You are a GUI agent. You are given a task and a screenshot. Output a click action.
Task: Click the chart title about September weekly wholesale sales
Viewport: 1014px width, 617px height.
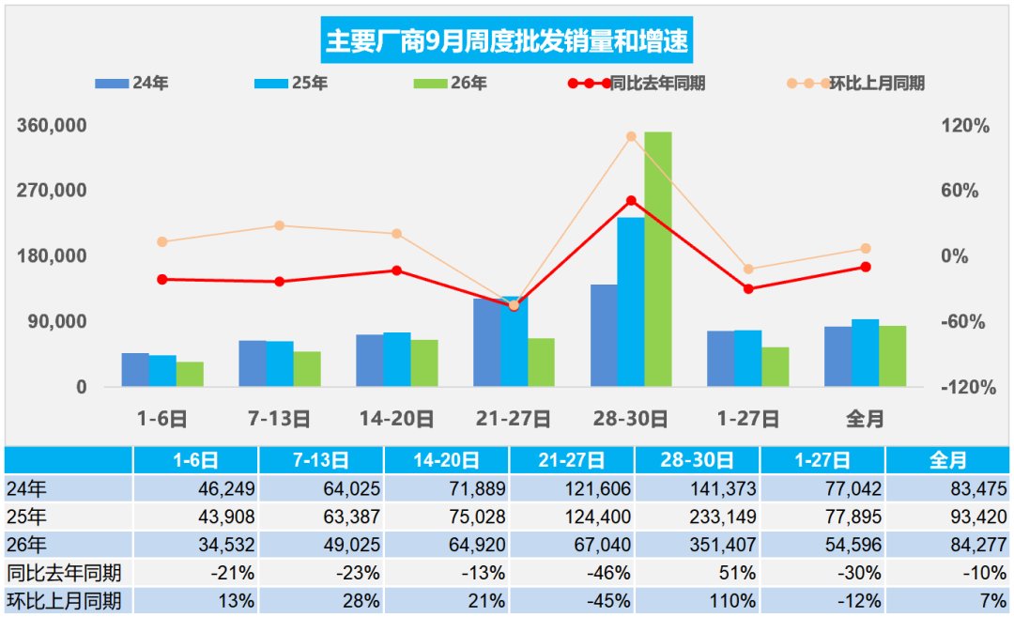click(x=506, y=40)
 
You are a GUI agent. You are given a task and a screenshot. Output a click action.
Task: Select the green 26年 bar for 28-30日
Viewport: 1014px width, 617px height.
click(x=657, y=259)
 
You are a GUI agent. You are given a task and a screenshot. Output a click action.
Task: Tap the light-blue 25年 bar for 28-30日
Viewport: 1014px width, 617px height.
click(x=631, y=302)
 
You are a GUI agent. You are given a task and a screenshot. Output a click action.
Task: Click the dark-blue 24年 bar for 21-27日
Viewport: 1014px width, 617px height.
click(x=486, y=343)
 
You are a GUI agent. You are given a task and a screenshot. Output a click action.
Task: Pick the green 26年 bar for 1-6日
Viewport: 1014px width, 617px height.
click(x=190, y=375)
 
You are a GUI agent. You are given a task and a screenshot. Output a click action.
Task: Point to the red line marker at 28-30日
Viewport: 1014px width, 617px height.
click(x=631, y=201)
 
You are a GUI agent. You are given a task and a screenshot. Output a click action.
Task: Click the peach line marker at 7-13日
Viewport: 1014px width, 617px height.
click(x=280, y=225)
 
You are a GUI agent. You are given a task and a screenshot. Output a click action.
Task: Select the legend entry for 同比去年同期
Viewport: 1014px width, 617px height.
click(x=637, y=84)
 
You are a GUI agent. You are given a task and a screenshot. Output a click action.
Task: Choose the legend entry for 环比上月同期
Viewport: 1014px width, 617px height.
click(x=855, y=84)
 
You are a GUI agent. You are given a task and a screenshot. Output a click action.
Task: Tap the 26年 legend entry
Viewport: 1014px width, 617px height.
click(x=450, y=84)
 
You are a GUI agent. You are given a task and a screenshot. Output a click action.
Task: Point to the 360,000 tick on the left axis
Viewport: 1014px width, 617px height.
click(x=52, y=126)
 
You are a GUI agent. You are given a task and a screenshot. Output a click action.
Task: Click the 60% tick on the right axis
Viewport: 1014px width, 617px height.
click(x=960, y=191)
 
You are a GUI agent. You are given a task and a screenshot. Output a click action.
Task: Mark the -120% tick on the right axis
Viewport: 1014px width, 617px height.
click(x=968, y=388)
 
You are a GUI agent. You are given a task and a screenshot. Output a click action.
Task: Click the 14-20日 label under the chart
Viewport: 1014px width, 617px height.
click(x=396, y=419)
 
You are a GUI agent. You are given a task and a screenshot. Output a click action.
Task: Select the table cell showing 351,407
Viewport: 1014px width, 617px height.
click(x=698, y=545)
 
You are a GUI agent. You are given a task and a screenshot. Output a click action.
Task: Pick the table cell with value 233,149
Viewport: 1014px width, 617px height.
click(x=698, y=517)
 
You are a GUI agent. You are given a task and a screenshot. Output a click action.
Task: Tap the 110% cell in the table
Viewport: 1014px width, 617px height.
click(x=698, y=601)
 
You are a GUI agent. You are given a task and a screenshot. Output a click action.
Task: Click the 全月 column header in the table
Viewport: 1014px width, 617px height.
click(x=947, y=460)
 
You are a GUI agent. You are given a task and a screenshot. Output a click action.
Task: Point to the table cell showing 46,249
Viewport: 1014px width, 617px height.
click(x=196, y=488)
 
